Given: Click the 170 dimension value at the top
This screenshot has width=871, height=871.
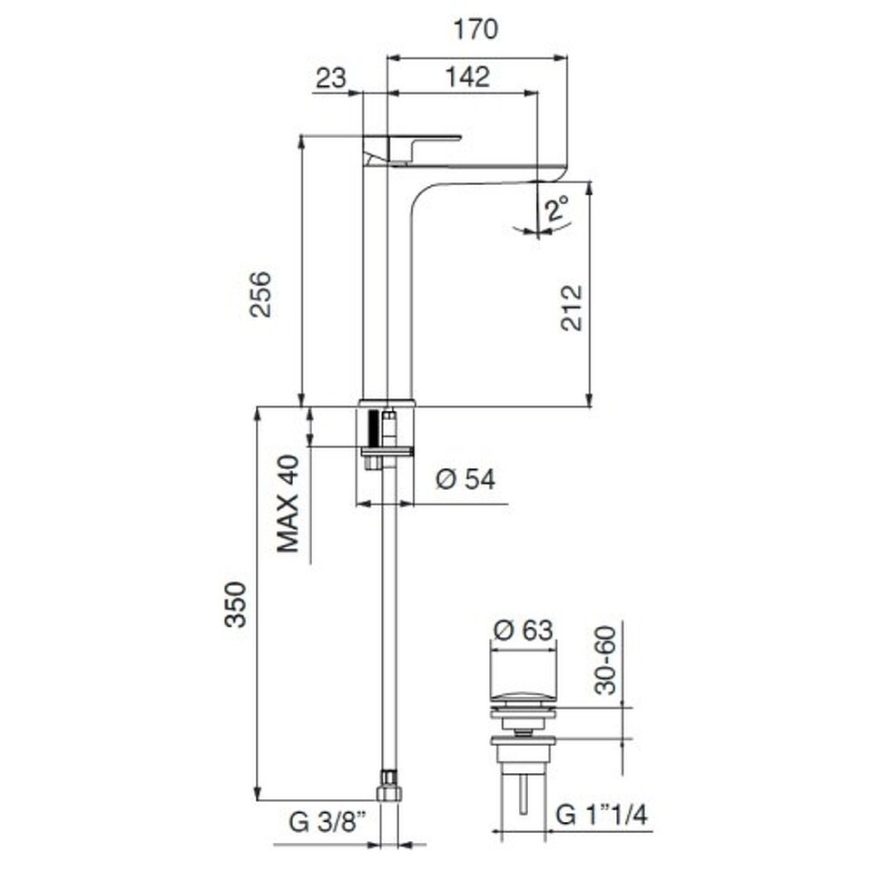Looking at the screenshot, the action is (x=476, y=29).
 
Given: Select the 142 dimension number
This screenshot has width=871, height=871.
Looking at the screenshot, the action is (x=468, y=77).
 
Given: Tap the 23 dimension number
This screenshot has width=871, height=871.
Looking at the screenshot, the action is (x=331, y=78).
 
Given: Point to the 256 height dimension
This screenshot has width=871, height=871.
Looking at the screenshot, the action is (x=260, y=294).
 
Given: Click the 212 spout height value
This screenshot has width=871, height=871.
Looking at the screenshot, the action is (x=571, y=308).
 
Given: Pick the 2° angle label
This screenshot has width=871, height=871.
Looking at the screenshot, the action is (x=556, y=210).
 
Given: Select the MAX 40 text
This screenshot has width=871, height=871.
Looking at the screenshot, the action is (x=289, y=504).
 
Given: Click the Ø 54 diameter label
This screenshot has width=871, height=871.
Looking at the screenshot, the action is (x=465, y=479).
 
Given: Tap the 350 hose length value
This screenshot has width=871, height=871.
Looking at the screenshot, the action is (x=235, y=604).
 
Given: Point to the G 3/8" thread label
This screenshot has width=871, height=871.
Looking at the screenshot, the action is (x=328, y=821).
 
